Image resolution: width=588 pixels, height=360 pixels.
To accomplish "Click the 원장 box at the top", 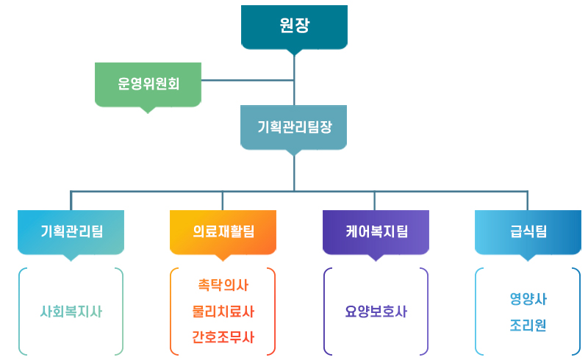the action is click(x=294, y=27).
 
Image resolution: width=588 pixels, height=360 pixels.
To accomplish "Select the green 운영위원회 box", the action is click(x=148, y=84).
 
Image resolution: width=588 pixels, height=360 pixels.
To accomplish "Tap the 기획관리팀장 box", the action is click(x=293, y=127).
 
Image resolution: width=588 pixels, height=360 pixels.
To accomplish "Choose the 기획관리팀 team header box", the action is click(x=71, y=232).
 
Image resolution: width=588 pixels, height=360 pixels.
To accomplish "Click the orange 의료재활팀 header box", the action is click(x=223, y=232).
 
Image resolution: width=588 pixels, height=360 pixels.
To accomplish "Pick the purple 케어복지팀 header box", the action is click(x=376, y=232).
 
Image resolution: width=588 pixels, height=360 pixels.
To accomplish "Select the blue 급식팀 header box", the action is click(x=528, y=232).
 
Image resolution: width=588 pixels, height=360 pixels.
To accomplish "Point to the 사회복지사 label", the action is click(x=71, y=312).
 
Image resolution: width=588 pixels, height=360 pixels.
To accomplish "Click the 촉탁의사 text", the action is click(x=223, y=285).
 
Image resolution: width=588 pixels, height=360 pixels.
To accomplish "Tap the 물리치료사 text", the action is click(x=223, y=312).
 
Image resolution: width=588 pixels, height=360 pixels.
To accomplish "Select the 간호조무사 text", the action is click(x=223, y=337).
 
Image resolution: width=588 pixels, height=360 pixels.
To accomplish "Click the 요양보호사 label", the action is click(x=376, y=312).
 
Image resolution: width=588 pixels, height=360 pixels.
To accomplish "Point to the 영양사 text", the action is click(x=528, y=299).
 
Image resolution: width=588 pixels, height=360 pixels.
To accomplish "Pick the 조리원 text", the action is click(x=528, y=325).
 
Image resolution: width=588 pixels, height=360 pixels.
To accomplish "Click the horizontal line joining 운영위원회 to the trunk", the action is click(x=248, y=80).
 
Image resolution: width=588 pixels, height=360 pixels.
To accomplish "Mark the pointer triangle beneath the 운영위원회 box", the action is click(x=148, y=110).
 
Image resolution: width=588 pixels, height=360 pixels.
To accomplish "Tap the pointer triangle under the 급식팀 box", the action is click(x=528, y=258).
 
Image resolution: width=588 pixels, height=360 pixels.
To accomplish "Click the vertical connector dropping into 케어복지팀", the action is click(x=374, y=201).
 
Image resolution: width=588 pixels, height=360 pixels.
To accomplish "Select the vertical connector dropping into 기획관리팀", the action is click(x=71, y=201).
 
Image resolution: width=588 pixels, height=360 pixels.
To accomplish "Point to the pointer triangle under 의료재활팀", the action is click(x=223, y=258).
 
